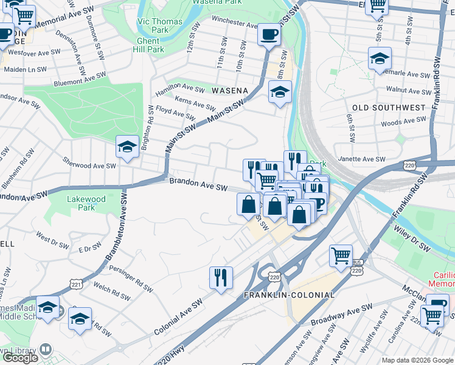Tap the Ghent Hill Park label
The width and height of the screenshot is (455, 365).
click(x=148, y=45)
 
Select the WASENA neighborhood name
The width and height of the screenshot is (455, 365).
click(x=229, y=91)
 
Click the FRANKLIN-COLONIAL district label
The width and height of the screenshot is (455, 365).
click(x=289, y=295)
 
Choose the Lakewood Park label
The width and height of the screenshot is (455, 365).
click(x=86, y=203)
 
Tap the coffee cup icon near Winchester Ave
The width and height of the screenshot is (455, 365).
click(x=268, y=35)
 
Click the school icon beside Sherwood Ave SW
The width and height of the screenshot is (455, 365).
click(x=127, y=147)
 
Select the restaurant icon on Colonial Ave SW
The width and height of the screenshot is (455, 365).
click(x=221, y=277)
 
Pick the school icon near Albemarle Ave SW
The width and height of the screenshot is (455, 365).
click(x=379, y=59)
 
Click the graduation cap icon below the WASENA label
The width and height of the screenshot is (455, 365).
click(x=279, y=92)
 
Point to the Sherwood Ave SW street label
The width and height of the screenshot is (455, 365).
click(x=89, y=165)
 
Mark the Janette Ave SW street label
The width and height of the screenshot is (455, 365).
click(x=362, y=159)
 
